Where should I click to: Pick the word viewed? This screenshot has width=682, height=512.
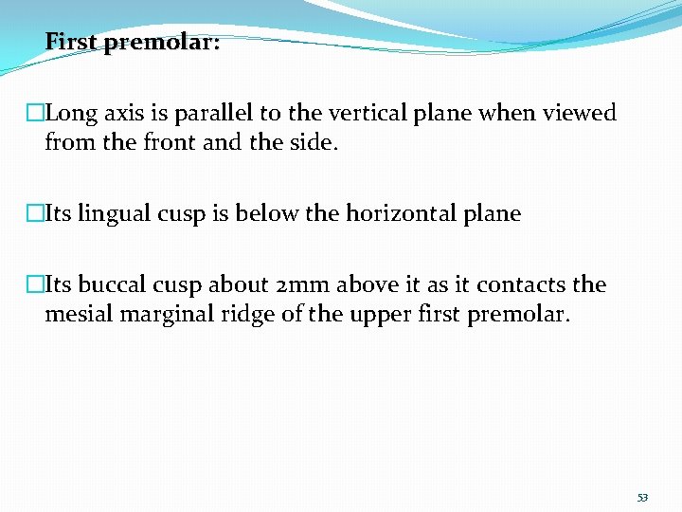(579, 114)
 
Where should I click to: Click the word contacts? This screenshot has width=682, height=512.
(519, 284)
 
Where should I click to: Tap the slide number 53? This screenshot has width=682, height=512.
(643, 497)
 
